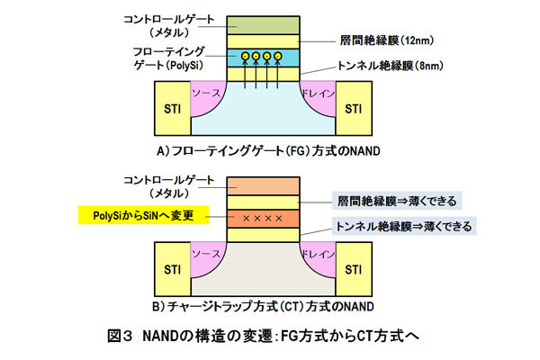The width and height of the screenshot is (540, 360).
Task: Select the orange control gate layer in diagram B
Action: click(262, 184)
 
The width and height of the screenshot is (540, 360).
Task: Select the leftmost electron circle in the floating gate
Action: click(242, 57)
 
